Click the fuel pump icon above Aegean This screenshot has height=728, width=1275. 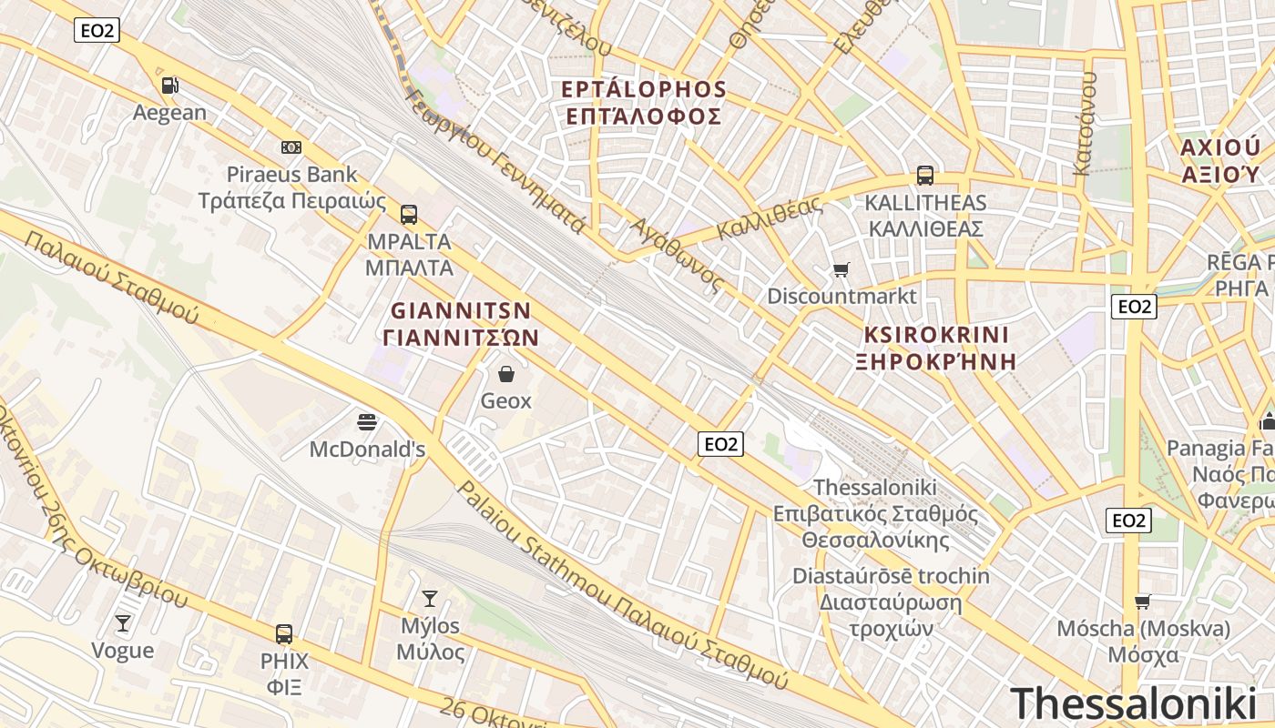[x=169, y=86]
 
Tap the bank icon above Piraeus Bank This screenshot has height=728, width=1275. [x=291, y=147]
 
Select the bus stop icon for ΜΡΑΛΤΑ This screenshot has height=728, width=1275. [x=409, y=215]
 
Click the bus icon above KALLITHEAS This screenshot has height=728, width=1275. [x=925, y=176]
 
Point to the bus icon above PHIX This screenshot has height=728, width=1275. [x=284, y=634]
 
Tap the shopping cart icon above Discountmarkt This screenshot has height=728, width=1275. [x=841, y=269]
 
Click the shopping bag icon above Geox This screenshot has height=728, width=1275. [x=506, y=374]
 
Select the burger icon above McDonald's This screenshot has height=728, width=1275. [x=368, y=421]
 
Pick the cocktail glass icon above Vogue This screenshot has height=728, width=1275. [x=123, y=623]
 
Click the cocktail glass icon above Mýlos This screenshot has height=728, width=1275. [x=430, y=599]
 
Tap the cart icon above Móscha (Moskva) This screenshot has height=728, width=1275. [x=1143, y=602]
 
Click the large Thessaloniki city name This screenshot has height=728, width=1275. [x=1133, y=703]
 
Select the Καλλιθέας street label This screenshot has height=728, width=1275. [x=769, y=218]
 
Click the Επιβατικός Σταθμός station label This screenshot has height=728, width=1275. [x=875, y=514]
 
